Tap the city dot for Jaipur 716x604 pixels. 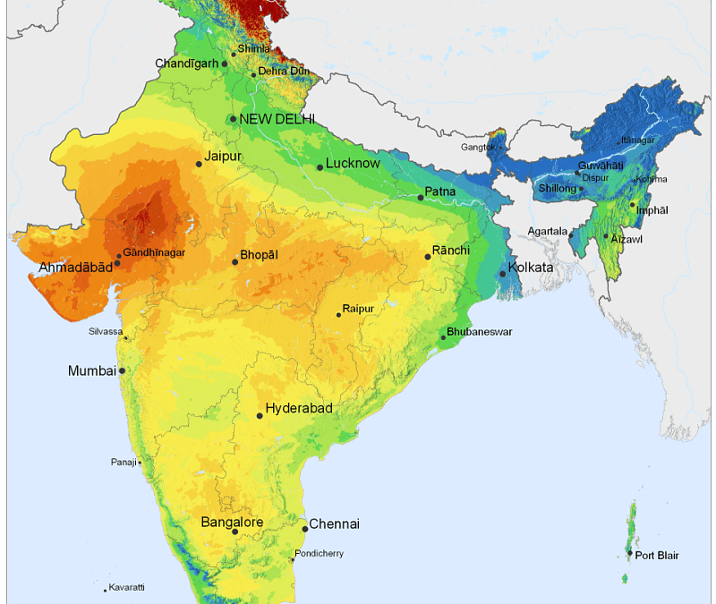[199, 164]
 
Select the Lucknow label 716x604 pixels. [353, 164]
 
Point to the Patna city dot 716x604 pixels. [420, 197]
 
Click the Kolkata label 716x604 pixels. [531, 268]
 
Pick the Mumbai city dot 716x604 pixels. [122, 370]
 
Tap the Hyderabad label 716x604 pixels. [299, 409]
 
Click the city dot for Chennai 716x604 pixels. [305, 529]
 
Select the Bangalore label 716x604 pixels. [232, 523]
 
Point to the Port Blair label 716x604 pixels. [657, 556]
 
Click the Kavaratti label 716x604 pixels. [127, 588]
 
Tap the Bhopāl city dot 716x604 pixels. [235, 261]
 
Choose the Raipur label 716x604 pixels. [357, 308]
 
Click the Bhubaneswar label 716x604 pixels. [481, 332]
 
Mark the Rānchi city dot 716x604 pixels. [428, 257]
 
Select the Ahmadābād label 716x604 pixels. [75, 268]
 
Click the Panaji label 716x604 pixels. [124, 462]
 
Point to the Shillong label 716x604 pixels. [558, 189]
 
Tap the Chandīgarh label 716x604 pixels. [187, 64]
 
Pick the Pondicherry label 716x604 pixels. [319, 554]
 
